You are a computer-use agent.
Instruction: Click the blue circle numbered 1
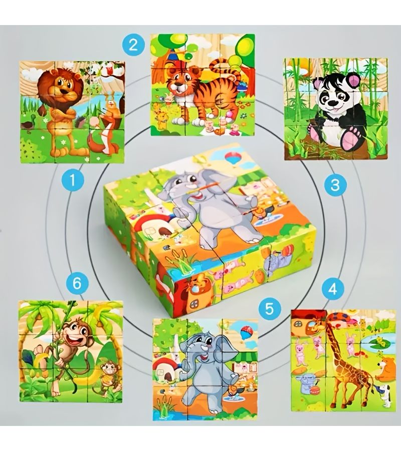click(x=73, y=181)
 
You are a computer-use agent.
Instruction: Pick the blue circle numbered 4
click(x=333, y=289)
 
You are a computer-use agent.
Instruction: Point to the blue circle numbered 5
click(x=269, y=309)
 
